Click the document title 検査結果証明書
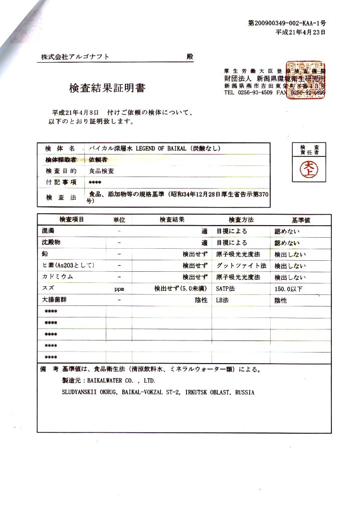[107, 88]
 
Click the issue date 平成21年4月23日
[300, 32]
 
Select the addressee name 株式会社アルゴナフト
[75, 57]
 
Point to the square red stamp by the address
[305, 80]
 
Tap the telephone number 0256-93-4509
[255, 93]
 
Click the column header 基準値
[301, 220]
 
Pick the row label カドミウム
[57, 277]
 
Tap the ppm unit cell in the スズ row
[119, 289]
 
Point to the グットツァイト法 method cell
[241, 265]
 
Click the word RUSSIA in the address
[245, 393]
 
